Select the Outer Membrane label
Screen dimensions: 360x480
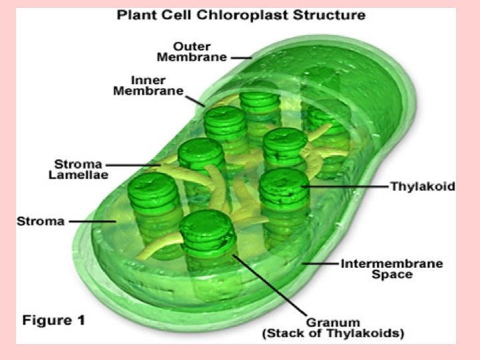(x=193, y=52)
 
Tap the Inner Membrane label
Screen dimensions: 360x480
(x=147, y=85)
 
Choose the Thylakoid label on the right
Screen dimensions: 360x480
(x=422, y=187)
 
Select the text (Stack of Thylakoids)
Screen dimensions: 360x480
(x=334, y=334)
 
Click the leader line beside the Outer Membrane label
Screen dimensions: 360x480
(x=241, y=57)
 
